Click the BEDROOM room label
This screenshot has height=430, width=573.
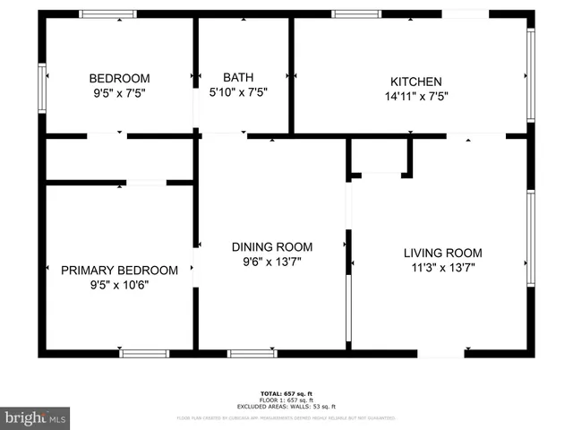click(119, 78)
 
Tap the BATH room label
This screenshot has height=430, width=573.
click(238, 78)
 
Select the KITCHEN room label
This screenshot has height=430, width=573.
click(415, 82)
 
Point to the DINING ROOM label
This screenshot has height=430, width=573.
click(272, 247)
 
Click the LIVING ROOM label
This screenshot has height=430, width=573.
click(442, 253)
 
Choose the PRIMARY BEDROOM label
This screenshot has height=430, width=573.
click(119, 270)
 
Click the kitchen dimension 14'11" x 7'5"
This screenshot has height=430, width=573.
click(415, 96)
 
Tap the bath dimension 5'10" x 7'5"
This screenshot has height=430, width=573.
click(238, 92)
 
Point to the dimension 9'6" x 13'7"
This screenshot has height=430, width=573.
click(272, 262)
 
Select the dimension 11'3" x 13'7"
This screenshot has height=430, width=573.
click(442, 267)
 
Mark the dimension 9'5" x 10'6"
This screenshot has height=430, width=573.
click(119, 285)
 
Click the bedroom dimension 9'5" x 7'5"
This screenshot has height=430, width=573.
click(119, 92)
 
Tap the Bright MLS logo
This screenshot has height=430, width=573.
click(36, 417)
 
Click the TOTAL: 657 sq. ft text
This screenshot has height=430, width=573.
click(286, 393)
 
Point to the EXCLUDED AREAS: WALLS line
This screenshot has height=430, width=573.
click(286, 407)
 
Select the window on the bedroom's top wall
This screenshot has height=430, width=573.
click(107, 14)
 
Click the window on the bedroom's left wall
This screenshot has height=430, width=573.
click(42, 87)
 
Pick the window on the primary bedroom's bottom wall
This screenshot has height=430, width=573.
click(144, 353)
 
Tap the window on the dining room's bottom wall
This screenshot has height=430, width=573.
click(252, 353)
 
